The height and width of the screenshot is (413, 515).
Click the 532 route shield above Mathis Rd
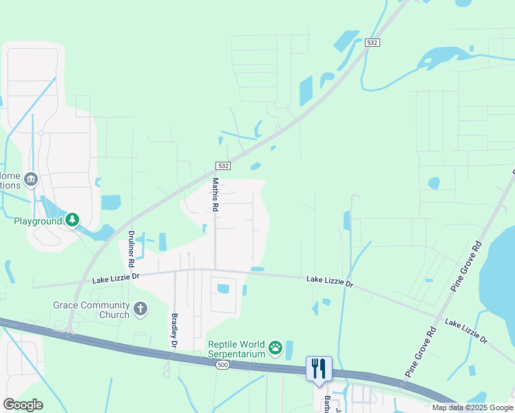(x=222, y=166)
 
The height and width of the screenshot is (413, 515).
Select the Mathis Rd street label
(x=216, y=195)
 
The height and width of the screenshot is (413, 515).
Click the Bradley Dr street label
(x=174, y=331)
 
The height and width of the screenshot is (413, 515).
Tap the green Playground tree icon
(x=72, y=221)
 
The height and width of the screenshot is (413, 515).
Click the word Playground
(x=38, y=222)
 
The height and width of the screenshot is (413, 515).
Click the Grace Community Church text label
(x=92, y=310)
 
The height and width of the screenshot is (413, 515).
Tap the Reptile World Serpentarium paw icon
(x=275, y=348)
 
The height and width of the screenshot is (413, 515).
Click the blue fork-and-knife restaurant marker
(x=319, y=368)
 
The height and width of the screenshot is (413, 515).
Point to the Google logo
(x=23, y=405)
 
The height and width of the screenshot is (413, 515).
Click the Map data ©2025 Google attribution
(x=472, y=407)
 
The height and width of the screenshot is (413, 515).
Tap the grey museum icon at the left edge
(x=30, y=180)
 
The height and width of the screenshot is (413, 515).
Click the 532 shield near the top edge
(x=372, y=43)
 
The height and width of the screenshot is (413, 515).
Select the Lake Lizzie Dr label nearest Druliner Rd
(x=116, y=277)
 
